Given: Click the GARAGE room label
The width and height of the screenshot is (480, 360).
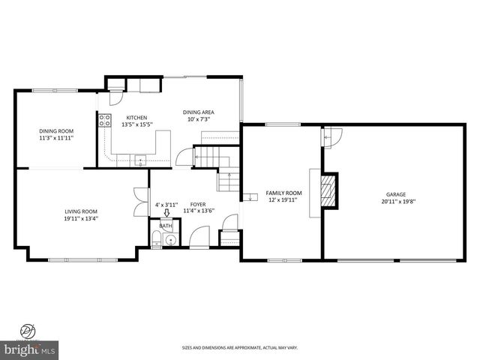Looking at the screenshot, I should pyautogui.click(x=395, y=193).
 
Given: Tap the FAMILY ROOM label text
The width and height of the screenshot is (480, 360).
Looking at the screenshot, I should pyautogui.click(x=285, y=193).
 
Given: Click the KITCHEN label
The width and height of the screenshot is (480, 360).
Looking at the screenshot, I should pyautogui.click(x=136, y=117).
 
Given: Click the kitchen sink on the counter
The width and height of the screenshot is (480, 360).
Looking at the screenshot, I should pyautogui.click(x=141, y=158).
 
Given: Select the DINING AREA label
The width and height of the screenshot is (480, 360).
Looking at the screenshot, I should pyautogui.click(x=199, y=112).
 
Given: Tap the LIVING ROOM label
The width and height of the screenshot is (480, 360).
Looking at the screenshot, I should pyautogui.click(x=81, y=211).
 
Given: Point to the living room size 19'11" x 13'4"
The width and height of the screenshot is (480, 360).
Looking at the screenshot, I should pyautogui.click(x=81, y=218).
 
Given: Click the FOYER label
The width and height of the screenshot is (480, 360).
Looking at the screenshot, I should pyautogui.click(x=198, y=204).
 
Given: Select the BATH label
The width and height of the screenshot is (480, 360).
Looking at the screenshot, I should pyautogui.click(x=165, y=225).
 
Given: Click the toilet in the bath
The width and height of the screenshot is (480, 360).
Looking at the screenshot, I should pyautogui.click(x=156, y=239).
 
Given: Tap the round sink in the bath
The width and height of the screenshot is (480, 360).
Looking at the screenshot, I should pyautogui.click(x=172, y=240).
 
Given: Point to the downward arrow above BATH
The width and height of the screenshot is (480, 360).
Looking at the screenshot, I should pyautogui.click(x=166, y=213).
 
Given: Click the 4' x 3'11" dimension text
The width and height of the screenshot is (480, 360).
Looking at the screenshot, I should pyautogui.click(x=166, y=204).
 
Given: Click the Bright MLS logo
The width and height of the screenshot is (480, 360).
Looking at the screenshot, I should pyautogui.click(x=30, y=348).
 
